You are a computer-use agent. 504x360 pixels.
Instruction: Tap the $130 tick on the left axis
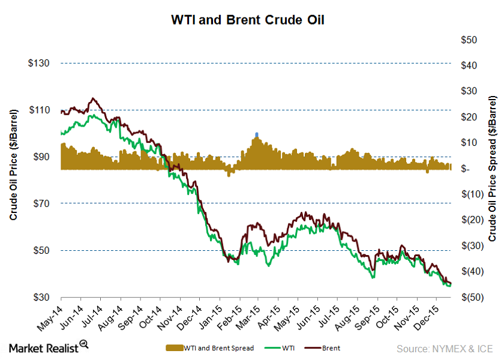(x=40, y=63)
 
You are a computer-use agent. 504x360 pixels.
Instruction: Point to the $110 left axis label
(x=40, y=110)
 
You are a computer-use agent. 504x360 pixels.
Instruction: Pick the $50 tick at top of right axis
(x=469, y=40)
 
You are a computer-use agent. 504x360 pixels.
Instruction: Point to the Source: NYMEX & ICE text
(x=444, y=347)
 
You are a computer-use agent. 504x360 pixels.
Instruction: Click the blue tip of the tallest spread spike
(x=257, y=134)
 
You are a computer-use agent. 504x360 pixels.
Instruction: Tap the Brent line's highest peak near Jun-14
(x=93, y=98)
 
